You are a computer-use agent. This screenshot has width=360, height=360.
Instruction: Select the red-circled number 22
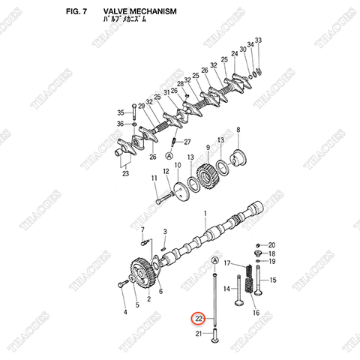198,318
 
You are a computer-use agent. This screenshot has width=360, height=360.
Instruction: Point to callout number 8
238,130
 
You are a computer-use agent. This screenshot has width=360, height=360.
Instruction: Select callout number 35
120,112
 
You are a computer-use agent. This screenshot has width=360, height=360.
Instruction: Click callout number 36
120,124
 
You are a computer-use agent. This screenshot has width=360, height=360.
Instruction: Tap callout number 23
125,174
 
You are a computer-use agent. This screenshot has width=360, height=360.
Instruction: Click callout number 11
154,178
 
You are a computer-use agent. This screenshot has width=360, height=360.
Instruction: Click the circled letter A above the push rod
215,260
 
